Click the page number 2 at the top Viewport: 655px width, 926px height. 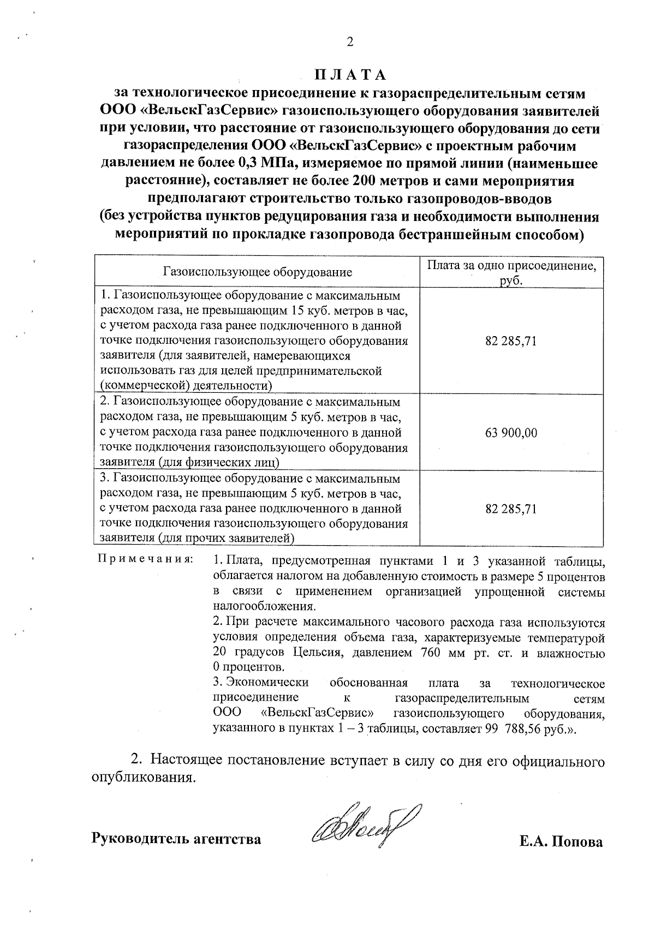pos(350,42)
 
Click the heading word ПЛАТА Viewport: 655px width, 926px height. pos(350,75)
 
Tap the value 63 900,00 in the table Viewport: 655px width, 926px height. pos(511,433)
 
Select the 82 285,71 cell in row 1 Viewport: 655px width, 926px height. pos(511,342)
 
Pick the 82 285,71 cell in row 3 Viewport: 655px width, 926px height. pos(511,509)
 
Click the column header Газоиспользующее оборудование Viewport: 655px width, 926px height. pos(257,272)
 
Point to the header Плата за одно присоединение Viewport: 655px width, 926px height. pos(511,266)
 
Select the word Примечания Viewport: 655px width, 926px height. pos(144,560)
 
